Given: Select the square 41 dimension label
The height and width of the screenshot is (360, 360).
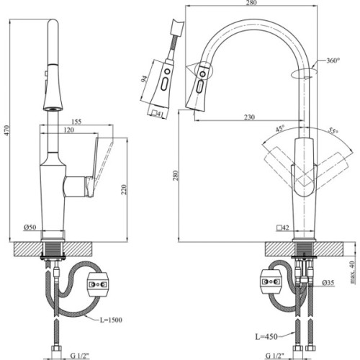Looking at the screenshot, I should click(158, 112).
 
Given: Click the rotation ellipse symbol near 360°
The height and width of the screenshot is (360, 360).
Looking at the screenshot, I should click(304, 73).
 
